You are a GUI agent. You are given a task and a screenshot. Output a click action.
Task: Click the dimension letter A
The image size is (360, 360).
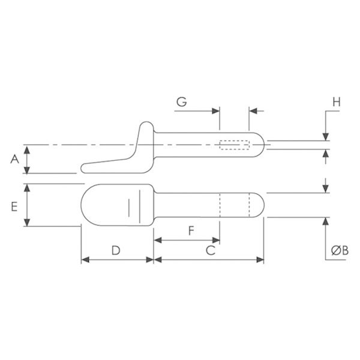14,159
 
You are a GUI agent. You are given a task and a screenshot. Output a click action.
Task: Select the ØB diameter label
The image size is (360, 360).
340,250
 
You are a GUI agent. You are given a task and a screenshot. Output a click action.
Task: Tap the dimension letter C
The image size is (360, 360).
211,250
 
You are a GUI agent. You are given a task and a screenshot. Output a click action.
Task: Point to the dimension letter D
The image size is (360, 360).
116,250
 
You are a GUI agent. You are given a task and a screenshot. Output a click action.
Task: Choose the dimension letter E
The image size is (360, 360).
14,206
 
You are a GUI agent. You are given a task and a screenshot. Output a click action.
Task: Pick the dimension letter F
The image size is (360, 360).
191,231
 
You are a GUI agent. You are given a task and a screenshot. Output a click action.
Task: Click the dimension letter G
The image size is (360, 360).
182,102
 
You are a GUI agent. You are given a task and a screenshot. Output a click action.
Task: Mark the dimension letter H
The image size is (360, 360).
337,102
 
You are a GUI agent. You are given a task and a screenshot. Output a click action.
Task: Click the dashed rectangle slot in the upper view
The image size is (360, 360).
235,145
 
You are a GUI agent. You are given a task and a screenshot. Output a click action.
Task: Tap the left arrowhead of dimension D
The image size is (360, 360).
85,260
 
